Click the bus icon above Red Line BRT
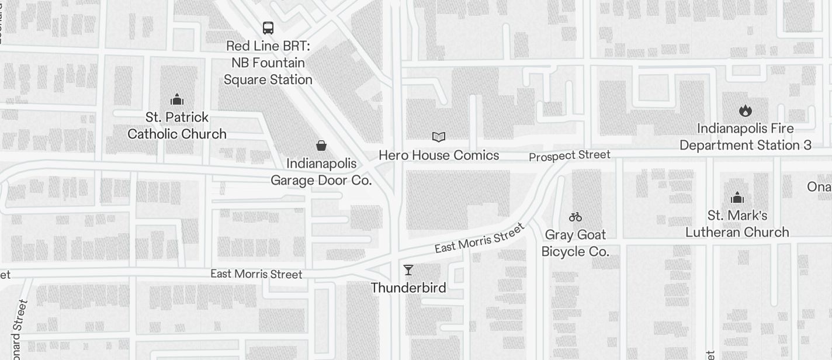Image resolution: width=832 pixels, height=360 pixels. point(268,27)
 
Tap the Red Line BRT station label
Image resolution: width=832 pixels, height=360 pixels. point(269,63)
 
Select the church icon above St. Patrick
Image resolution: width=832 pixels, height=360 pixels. point(177,99)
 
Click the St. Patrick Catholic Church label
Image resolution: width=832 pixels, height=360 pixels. point(177,126)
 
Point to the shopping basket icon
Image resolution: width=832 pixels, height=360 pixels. point(321,146)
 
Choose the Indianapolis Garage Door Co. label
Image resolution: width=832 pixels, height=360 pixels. point(321,172)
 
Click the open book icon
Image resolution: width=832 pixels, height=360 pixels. point(439,137)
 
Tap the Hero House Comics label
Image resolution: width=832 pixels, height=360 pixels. point(439,155)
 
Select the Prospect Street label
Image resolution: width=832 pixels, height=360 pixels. point(570,155)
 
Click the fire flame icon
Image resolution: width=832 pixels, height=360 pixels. point(745,110)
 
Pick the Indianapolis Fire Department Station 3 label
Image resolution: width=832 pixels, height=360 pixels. point(746,137)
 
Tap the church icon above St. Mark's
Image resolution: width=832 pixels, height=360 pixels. point(737,198)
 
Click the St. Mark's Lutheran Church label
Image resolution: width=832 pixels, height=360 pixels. point(737,224)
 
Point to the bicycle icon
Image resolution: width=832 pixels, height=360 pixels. point(576,217)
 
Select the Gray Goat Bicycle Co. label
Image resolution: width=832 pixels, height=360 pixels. point(576,243)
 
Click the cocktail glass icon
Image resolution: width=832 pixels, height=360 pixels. point(408,270)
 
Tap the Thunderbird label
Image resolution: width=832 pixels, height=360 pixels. point(408,288)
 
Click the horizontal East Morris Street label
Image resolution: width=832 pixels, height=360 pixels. point(256,274)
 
